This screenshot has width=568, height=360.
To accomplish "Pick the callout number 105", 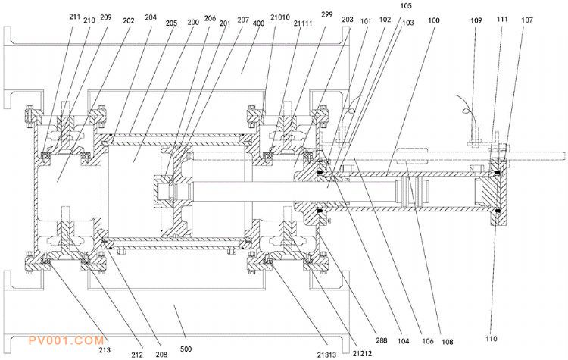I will coord(406,7).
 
